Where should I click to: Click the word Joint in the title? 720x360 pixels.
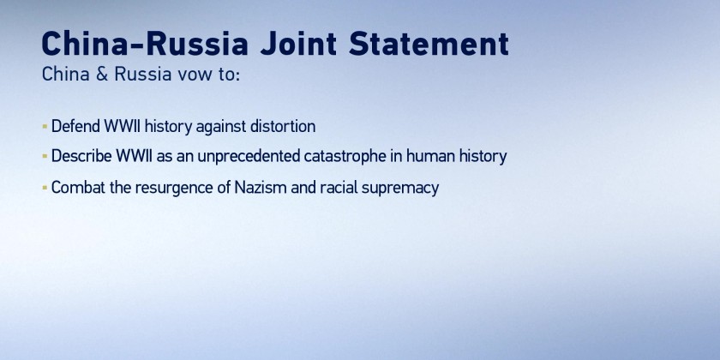[x=298, y=45]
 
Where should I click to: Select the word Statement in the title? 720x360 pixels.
[x=429, y=44]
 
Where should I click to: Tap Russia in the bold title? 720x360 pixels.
[x=197, y=44]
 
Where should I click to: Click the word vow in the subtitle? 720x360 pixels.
[x=195, y=75]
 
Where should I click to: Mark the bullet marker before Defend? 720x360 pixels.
[x=45, y=126]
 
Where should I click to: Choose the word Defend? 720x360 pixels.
[x=75, y=126]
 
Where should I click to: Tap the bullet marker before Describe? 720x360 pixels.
[x=45, y=156]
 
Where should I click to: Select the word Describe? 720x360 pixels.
[x=81, y=156]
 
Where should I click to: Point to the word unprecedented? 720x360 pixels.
[x=249, y=157]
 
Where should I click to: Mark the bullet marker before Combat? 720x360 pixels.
[x=45, y=188]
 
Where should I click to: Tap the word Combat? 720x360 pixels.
[x=79, y=188]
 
